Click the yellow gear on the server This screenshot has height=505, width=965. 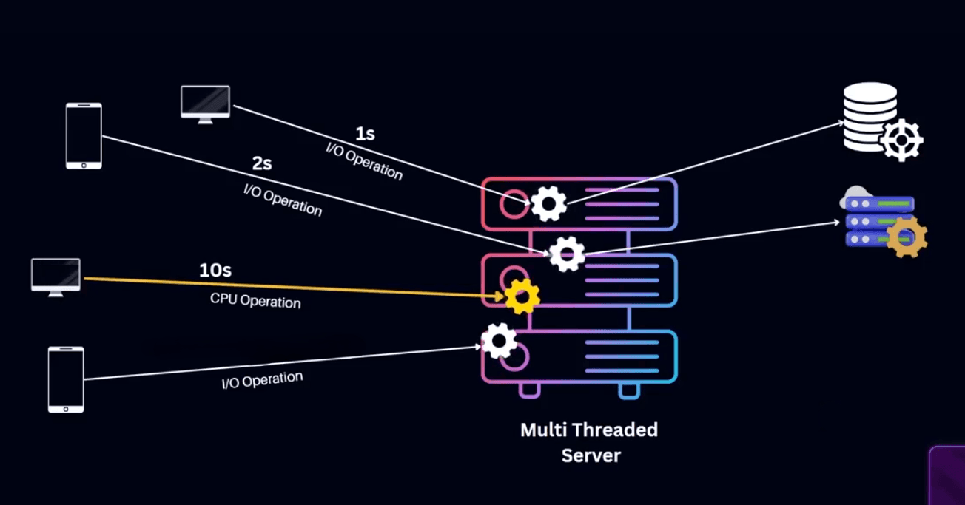(522, 296)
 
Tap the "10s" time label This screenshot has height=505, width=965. (215, 271)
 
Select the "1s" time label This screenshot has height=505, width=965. (365, 134)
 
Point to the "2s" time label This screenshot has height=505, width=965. (262, 163)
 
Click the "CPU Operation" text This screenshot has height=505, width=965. (255, 302)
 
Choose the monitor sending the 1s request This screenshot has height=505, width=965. (205, 102)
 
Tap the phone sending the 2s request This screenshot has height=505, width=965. (84, 136)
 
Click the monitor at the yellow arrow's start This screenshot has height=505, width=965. (56, 276)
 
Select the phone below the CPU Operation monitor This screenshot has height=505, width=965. (66, 379)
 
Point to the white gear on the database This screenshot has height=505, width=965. (902, 140)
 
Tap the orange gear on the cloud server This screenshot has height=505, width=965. (907, 237)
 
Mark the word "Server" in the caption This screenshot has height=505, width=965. (591, 455)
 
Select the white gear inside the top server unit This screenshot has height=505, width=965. (548, 203)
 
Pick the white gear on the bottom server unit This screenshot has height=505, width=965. (499, 341)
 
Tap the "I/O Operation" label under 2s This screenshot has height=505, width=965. (283, 199)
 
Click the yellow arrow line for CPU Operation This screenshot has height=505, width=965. (296, 287)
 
